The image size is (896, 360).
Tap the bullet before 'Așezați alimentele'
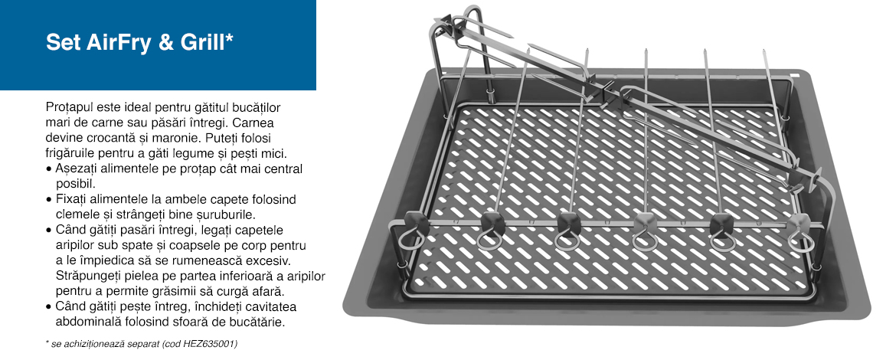[x=48, y=170]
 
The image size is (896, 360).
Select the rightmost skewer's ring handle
[x=800, y=241]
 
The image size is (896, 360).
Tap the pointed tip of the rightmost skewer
[x=764, y=52]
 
